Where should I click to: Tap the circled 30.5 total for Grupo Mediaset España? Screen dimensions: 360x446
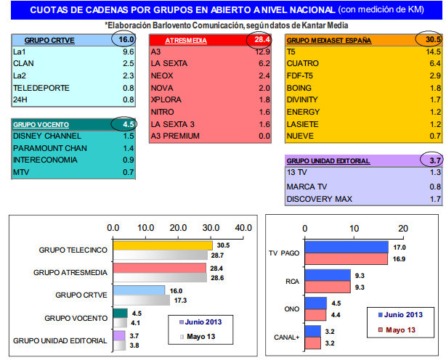click(429, 41)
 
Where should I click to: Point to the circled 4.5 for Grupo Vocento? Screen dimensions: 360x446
click(126, 123)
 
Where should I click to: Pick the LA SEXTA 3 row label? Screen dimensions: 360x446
click(172, 123)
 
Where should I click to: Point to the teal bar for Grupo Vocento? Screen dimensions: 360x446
click(120, 314)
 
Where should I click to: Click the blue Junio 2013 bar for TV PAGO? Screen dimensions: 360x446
click(345, 247)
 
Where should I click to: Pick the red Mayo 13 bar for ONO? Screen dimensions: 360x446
click(315, 314)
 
